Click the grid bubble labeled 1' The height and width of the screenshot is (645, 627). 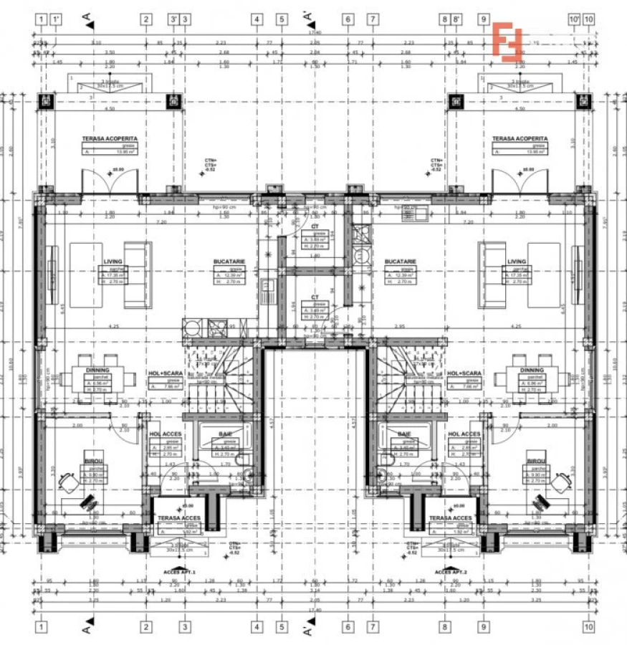coord(55,19)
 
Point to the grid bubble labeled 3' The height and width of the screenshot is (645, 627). coord(173,19)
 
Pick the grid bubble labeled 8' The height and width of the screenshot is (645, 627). coord(456,19)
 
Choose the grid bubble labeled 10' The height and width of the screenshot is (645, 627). coord(574,19)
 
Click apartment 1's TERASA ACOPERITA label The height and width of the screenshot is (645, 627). coord(110,138)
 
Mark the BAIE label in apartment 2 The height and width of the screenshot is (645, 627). coord(403,434)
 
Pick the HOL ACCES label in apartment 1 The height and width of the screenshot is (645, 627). coord(165,434)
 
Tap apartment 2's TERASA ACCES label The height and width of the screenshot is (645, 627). coord(450,517)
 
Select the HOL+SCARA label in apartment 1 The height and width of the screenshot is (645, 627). coord(165,374)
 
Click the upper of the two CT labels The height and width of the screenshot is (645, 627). coord(314,225)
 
